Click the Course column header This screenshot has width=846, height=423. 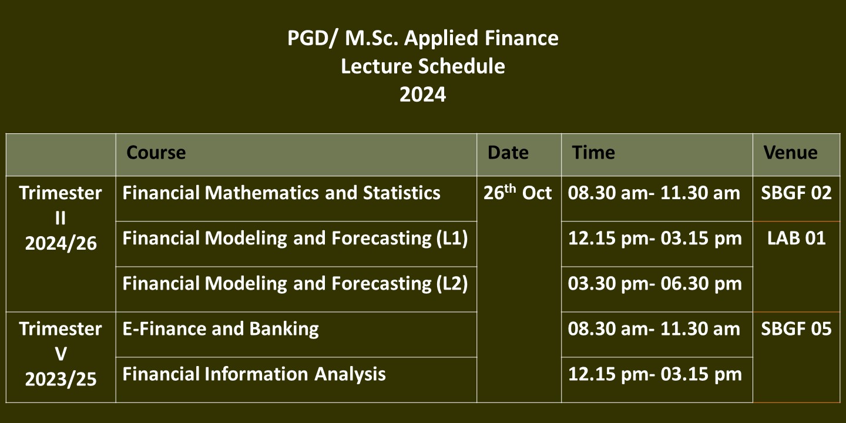[x=156, y=153]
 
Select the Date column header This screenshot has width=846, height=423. [x=508, y=153]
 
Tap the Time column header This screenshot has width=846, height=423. [x=593, y=153]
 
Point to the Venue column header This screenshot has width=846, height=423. [x=791, y=153]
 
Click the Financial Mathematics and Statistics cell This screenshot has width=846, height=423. [x=281, y=193]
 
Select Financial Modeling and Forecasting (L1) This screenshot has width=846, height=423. [x=296, y=239]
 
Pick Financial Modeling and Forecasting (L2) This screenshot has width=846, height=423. [x=296, y=284]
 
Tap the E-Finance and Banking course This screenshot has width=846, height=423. [x=220, y=329]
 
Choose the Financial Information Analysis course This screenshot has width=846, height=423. [x=254, y=374]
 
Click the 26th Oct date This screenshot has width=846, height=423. [x=518, y=192]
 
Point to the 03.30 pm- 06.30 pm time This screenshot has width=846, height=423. [x=655, y=284]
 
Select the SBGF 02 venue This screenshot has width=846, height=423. [x=796, y=193]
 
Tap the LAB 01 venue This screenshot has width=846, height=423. [x=796, y=239]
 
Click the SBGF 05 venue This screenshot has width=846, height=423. [x=796, y=329]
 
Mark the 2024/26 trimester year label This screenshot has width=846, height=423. [x=61, y=243]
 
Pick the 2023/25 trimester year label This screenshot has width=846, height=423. [x=61, y=379]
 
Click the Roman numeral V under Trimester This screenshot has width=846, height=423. [x=61, y=354]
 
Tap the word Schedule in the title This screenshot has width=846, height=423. [x=462, y=66]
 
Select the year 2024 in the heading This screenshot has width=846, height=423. [x=423, y=95]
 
